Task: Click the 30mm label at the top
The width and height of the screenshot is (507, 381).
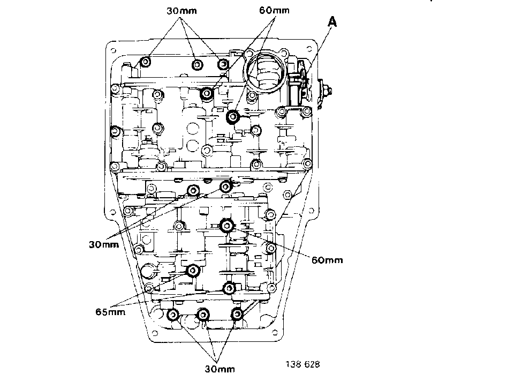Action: pos(181,11)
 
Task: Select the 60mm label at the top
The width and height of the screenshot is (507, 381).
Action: pos(274,10)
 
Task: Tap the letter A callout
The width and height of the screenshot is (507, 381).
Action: pos(332,22)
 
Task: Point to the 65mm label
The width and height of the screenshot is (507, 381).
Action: pos(110,312)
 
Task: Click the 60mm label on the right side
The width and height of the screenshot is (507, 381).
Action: pos(327,260)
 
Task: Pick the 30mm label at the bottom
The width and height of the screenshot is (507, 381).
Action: pos(220,369)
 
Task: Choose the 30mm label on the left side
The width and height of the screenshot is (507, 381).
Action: pos(104,244)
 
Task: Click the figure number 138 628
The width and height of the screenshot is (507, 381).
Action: pos(302,364)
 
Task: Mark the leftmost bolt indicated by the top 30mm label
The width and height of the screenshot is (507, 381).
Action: pos(146,61)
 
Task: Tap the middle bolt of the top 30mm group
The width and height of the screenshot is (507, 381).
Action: pos(197,65)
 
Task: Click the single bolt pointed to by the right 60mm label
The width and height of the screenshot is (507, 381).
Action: pos(227,226)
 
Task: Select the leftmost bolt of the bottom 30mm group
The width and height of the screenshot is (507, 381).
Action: pos(173,315)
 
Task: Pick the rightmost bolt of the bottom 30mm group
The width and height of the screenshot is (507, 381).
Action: pos(237,313)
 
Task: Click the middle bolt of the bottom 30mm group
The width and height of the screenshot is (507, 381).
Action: pos(203,315)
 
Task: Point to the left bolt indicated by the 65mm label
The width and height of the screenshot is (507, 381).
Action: pos(193,270)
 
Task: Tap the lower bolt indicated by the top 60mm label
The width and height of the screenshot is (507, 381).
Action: pos(233,116)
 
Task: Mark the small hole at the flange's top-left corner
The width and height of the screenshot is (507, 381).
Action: pos(113,50)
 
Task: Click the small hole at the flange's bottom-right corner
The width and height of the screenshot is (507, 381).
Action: pos(275,332)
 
